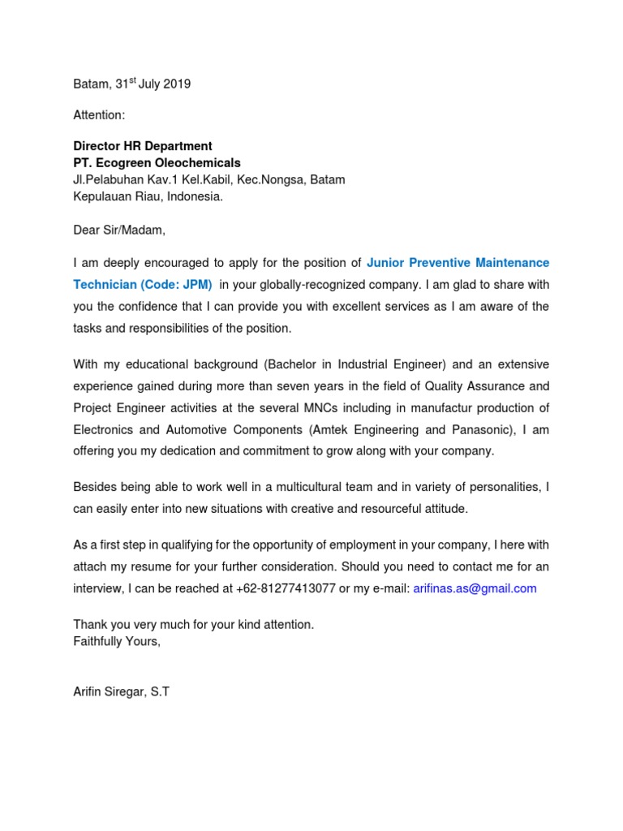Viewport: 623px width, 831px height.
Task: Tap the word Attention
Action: tap(98, 115)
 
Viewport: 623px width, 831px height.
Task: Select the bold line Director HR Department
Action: tap(143, 146)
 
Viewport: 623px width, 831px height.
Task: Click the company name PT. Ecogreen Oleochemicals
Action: tap(157, 163)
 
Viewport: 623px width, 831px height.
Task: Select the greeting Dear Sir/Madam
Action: tap(118, 230)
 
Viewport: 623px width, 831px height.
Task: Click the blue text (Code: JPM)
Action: tap(177, 285)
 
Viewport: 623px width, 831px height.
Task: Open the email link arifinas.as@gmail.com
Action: tap(475, 588)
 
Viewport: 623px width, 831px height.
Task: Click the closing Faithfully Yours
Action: tap(117, 641)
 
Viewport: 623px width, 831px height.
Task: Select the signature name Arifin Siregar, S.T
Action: tap(121, 693)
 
